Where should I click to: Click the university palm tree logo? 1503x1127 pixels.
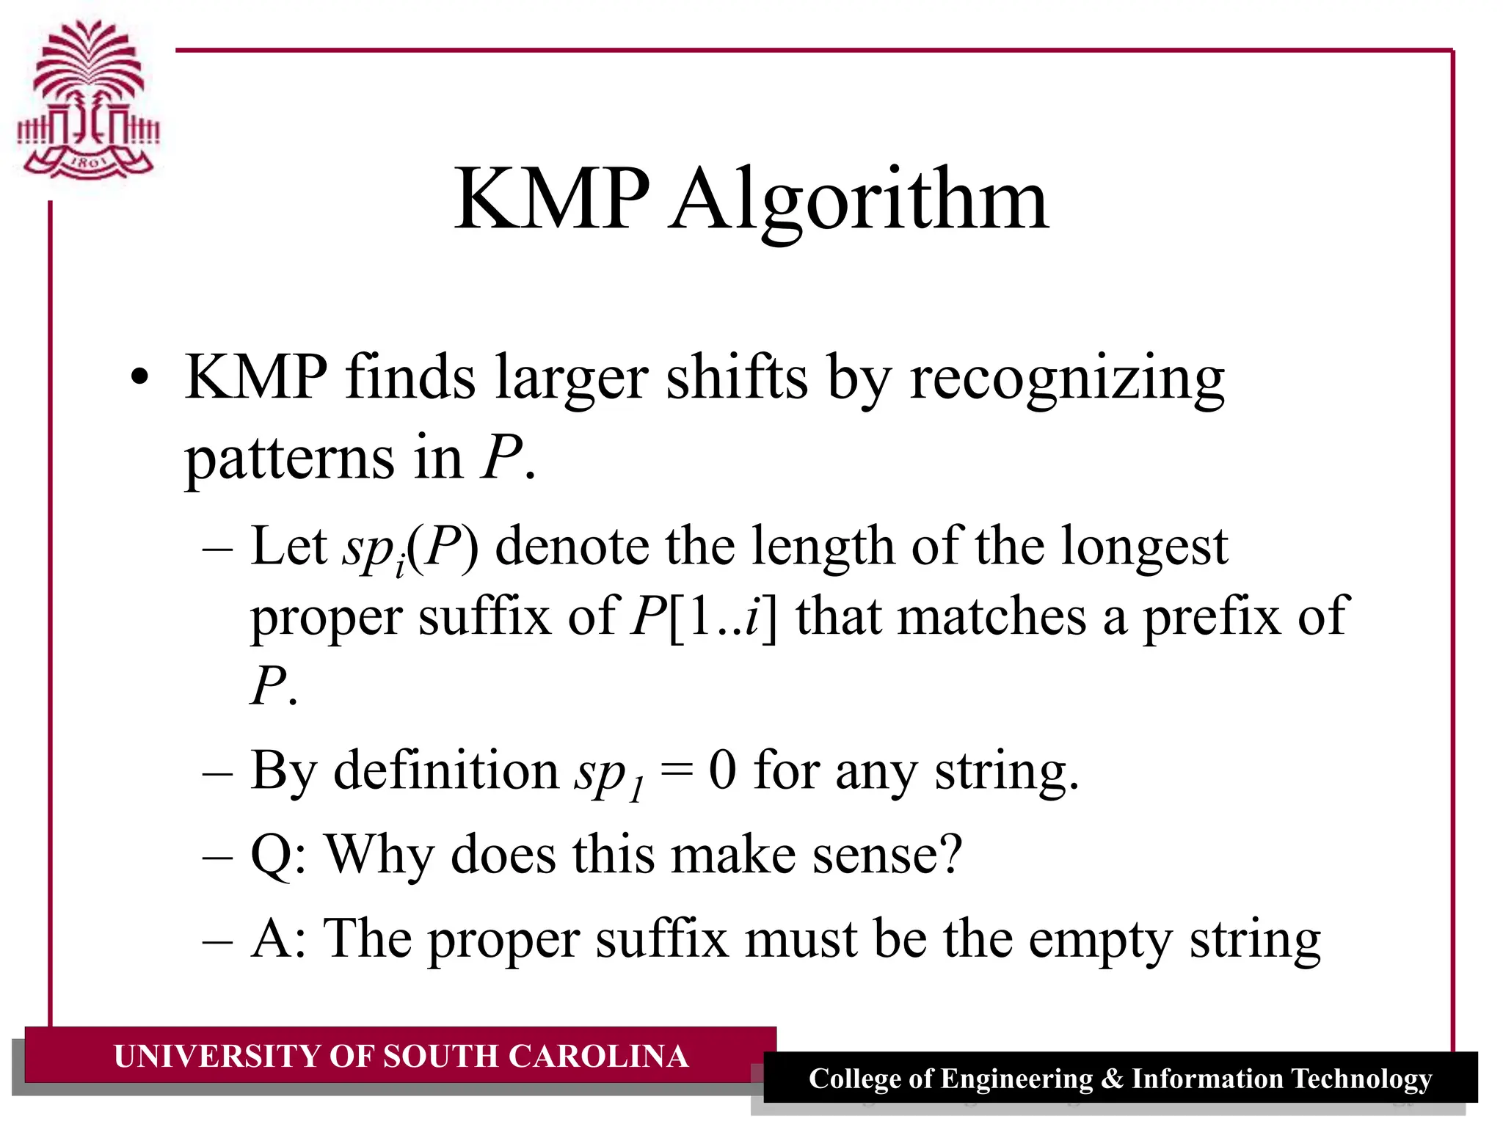point(88,99)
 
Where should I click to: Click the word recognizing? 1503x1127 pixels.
point(1067,379)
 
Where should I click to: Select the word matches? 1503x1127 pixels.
point(992,616)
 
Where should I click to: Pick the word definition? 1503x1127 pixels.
point(446,771)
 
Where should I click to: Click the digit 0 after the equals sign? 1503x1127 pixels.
point(722,771)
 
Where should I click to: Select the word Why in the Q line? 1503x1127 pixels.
point(379,856)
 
